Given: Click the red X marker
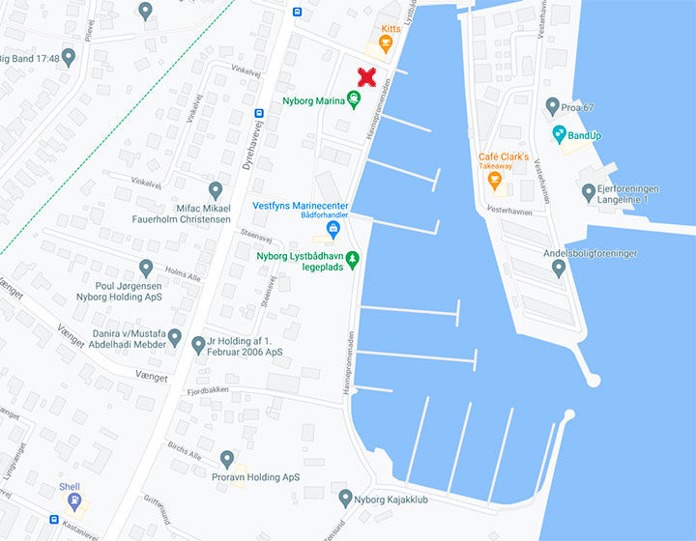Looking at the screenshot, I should [366, 77].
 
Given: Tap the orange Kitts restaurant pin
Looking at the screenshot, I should [385, 44].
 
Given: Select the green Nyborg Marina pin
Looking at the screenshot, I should [354, 100].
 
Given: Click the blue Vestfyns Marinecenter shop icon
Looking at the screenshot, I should [333, 229].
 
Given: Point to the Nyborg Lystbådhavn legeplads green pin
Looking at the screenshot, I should [353, 258].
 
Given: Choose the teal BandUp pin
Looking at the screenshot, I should [559, 133].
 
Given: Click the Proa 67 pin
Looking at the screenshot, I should [552, 105].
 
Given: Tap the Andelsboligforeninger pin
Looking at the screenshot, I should [558, 268].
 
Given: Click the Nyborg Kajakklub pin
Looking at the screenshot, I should [346, 498].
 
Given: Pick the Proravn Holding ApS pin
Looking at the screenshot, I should [226, 459].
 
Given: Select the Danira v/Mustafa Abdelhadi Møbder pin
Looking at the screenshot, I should [175, 337].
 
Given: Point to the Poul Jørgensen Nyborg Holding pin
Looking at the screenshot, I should [146, 268].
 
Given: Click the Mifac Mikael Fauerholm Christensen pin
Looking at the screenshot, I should [216, 190].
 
